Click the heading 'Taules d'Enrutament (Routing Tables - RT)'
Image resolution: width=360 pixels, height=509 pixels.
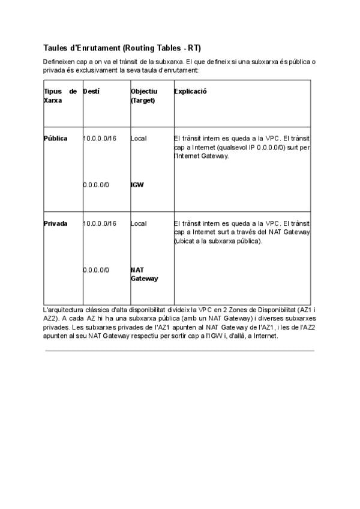click(126, 47)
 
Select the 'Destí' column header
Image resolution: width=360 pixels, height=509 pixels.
click(91, 91)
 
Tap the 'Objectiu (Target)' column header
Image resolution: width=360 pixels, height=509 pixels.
click(144, 96)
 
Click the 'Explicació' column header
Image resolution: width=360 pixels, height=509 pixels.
click(190, 91)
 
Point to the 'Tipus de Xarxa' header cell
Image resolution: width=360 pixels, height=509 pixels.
click(60, 96)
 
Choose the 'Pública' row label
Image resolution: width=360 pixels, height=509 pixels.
click(55, 139)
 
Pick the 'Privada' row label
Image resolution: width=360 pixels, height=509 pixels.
click(55, 223)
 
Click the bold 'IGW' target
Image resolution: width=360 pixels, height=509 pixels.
click(137, 185)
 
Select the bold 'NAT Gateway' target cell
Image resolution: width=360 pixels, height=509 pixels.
click(144, 274)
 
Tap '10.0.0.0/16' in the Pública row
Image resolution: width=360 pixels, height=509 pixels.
click(100, 139)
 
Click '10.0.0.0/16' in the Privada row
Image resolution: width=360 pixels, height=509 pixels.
click(100, 223)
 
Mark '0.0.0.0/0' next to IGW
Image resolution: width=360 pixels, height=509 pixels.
click(96, 185)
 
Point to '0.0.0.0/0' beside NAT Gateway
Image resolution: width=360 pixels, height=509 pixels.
click(96, 270)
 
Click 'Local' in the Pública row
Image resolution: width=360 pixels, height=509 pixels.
click(139, 139)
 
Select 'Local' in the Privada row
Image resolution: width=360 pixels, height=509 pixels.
click(139, 223)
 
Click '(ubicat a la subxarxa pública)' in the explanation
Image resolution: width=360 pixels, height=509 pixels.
click(218, 241)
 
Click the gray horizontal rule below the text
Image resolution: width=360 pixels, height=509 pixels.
click(179, 351)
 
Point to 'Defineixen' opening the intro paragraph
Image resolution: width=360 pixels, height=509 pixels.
click(58, 62)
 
